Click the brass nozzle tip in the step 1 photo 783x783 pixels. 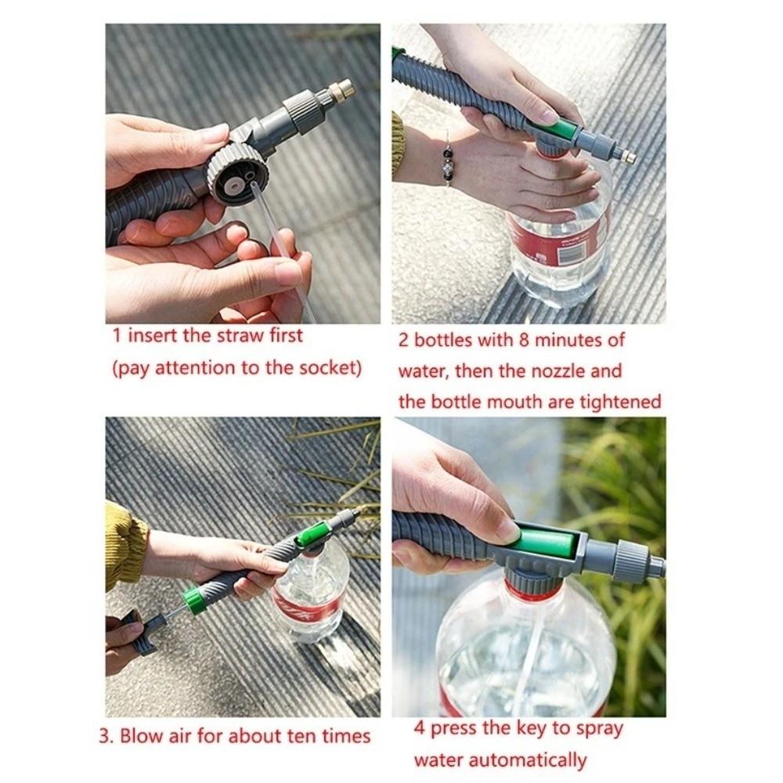click(341, 91)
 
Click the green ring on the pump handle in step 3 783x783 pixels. click(192, 600)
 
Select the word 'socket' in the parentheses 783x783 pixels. click(325, 368)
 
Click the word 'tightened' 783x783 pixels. click(620, 402)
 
